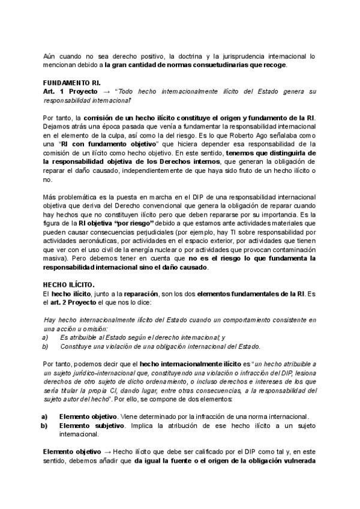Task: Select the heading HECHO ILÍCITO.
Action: point(68,285)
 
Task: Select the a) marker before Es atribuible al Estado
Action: point(45,337)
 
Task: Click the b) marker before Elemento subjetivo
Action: point(45,425)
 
